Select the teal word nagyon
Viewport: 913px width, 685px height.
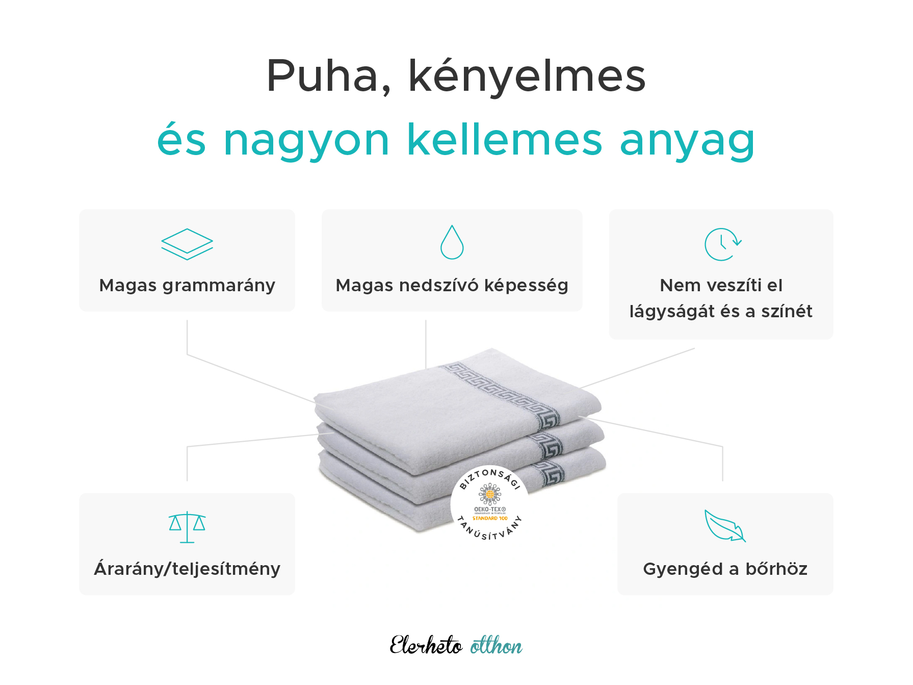click(306, 141)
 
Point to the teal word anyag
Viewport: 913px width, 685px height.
click(687, 142)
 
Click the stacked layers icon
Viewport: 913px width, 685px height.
click(187, 244)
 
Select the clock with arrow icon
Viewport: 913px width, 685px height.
click(722, 244)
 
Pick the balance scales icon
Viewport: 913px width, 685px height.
click(187, 527)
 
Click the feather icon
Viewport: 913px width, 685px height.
click(724, 526)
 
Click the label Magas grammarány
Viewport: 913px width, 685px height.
click(187, 286)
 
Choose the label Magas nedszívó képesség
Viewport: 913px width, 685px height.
click(452, 286)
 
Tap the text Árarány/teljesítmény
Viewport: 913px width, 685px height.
click(187, 569)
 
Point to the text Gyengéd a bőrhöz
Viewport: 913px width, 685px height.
click(725, 569)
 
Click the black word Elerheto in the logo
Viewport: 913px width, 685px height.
click(426, 646)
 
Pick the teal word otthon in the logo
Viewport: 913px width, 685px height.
click(496, 646)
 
